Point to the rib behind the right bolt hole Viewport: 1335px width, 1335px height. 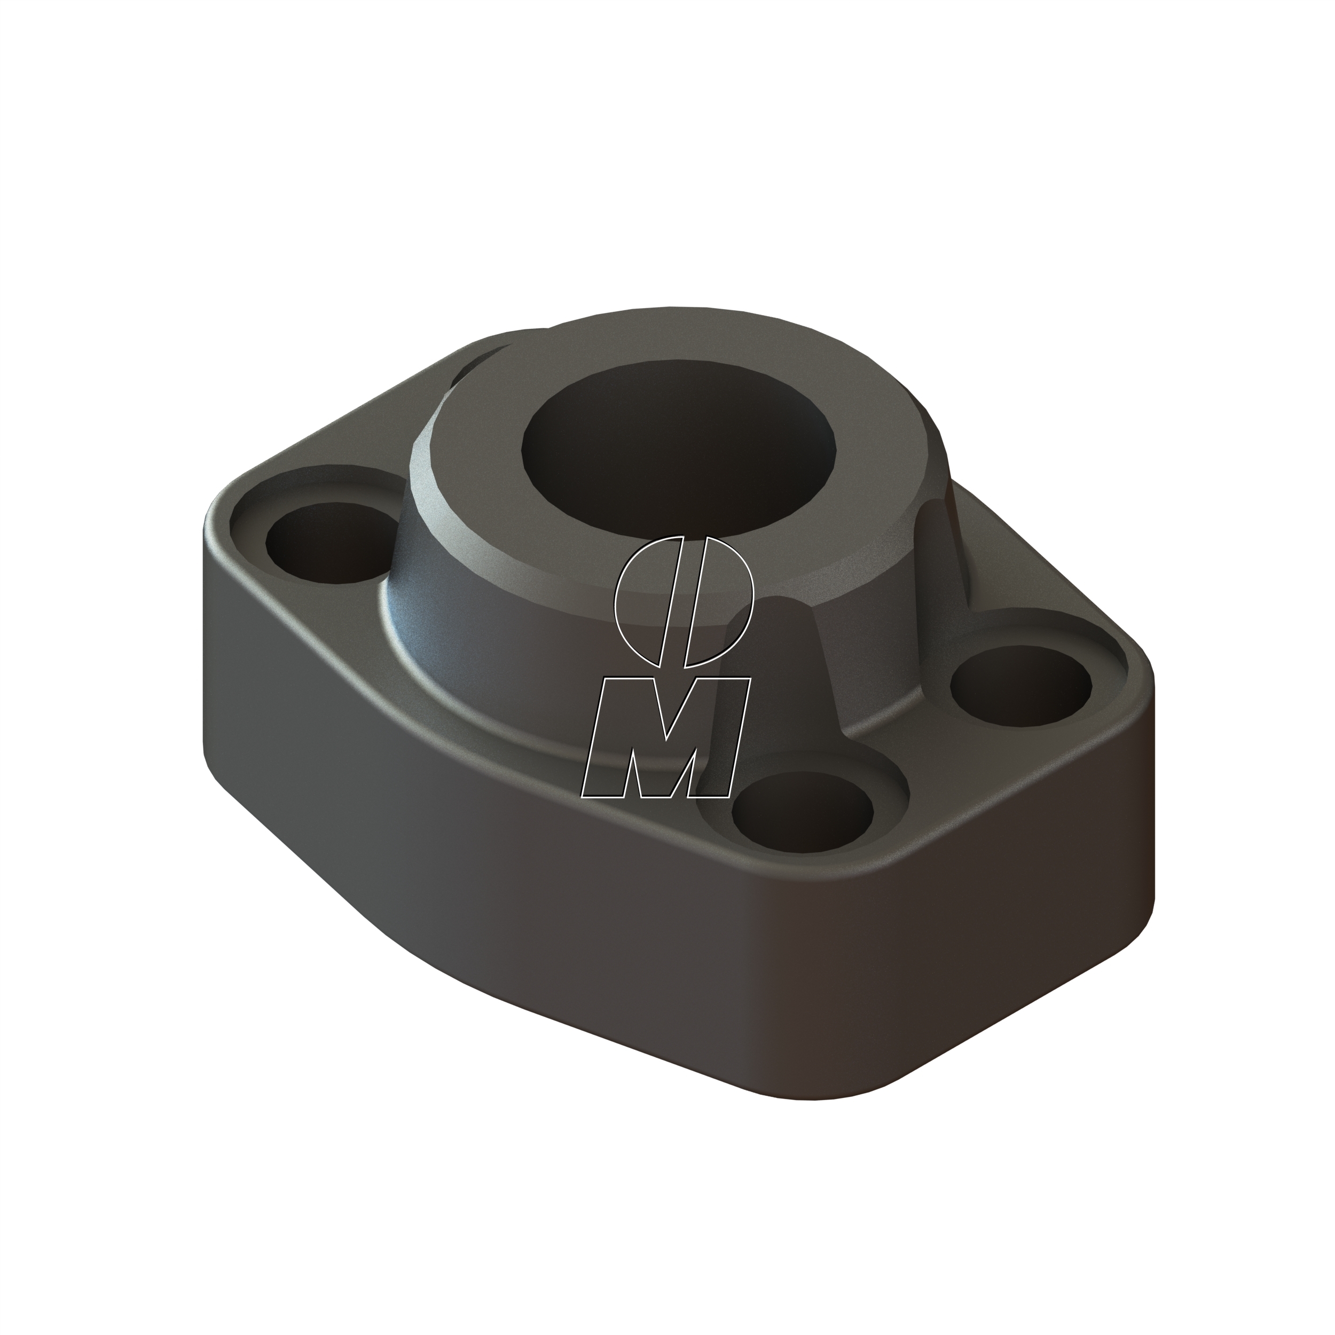click(x=947, y=553)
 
